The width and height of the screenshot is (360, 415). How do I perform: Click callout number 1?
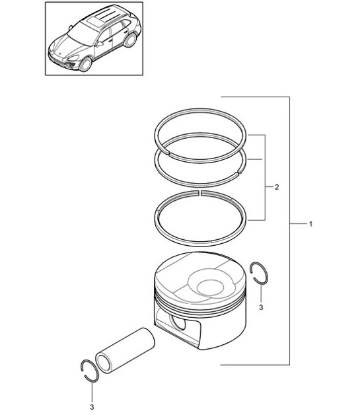(x=310, y=225)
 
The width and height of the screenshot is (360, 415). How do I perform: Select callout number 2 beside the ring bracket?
(x=277, y=188)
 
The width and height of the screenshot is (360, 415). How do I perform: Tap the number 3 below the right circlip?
(x=261, y=308)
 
